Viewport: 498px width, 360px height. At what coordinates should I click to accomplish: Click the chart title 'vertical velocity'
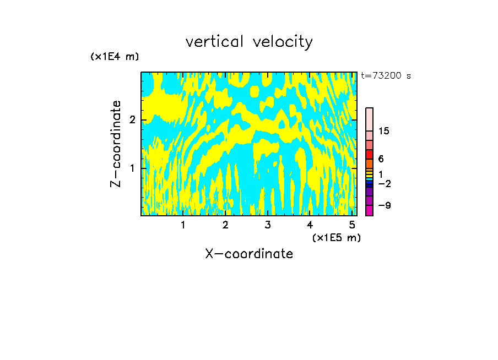click(x=249, y=41)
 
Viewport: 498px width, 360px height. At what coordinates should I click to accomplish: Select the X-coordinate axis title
click(x=249, y=254)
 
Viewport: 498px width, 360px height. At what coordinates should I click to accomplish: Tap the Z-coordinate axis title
click(x=116, y=144)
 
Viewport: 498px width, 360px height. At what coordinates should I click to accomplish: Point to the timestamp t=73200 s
click(x=386, y=76)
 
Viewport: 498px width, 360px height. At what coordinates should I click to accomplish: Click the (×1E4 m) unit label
click(x=115, y=57)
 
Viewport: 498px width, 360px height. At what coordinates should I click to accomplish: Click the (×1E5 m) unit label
click(x=336, y=237)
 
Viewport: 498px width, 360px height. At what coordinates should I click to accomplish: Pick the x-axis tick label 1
click(x=183, y=225)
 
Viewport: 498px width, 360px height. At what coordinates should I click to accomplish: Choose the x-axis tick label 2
click(x=225, y=225)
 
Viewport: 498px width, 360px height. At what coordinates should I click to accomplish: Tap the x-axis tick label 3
click(x=268, y=225)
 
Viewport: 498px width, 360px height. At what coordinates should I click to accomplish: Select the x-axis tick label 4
click(x=310, y=225)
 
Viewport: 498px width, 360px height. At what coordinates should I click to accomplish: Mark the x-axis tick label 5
click(x=352, y=225)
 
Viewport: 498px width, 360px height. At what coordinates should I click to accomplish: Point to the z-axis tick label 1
click(x=132, y=168)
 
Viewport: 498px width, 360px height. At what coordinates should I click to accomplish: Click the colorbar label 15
click(x=384, y=131)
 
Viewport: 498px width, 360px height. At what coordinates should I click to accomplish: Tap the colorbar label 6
click(x=381, y=159)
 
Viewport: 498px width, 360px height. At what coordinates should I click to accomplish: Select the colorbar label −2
click(x=384, y=184)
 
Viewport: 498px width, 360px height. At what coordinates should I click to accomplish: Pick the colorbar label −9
click(x=384, y=205)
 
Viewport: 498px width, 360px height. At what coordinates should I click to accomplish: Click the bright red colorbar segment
click(x=369, y=155)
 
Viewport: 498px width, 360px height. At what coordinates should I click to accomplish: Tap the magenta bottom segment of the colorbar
click(x=369, y=210)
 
